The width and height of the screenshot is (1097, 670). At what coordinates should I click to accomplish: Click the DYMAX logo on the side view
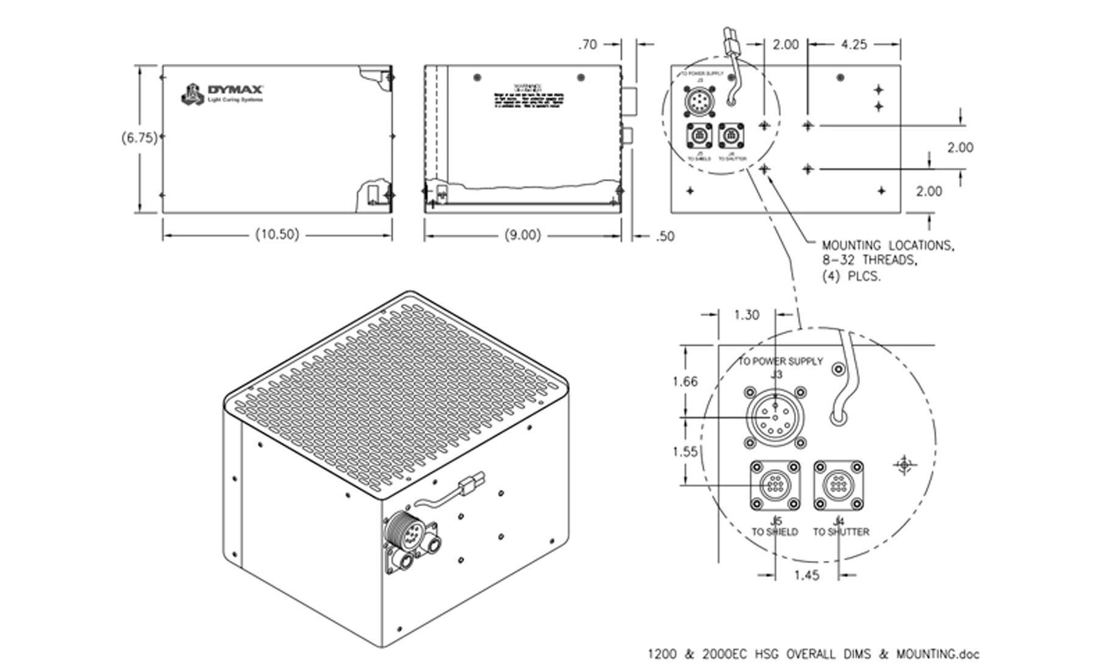pos(222,94)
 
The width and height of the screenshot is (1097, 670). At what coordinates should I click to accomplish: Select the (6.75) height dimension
pos(139,138)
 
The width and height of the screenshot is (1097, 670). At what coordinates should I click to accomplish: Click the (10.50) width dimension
pos(277,234)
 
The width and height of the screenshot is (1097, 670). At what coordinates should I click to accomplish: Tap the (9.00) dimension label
pos(522,235)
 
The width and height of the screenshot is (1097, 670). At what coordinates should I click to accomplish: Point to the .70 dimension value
pos(588,44)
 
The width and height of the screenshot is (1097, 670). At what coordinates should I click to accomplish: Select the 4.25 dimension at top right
pos(853,44)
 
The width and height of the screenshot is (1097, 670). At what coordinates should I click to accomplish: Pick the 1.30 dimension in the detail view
pos(746,315)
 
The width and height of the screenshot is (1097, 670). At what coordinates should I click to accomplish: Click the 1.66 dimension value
pos(685,382)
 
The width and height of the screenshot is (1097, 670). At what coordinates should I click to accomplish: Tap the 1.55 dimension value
pos(685,451)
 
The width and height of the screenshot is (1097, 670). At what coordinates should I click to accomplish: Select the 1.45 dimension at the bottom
pos(806,575)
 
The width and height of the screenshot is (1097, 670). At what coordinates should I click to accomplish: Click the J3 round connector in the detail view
pos(775,418)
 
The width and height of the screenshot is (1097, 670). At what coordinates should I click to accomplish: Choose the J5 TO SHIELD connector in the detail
pos(775,485)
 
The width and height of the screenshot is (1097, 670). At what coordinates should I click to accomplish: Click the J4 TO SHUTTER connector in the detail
pos(839,485)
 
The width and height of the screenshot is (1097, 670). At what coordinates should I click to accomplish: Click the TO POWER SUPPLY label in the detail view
pos(781,361)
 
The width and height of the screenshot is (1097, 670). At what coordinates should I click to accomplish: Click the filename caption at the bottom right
pos(813,655)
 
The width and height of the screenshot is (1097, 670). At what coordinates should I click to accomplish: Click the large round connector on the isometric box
pos(402,527)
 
